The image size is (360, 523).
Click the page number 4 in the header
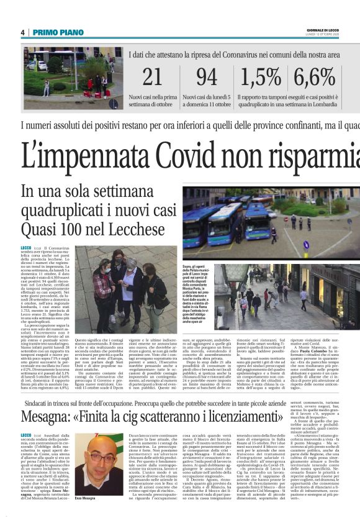(x=22, y=32)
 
